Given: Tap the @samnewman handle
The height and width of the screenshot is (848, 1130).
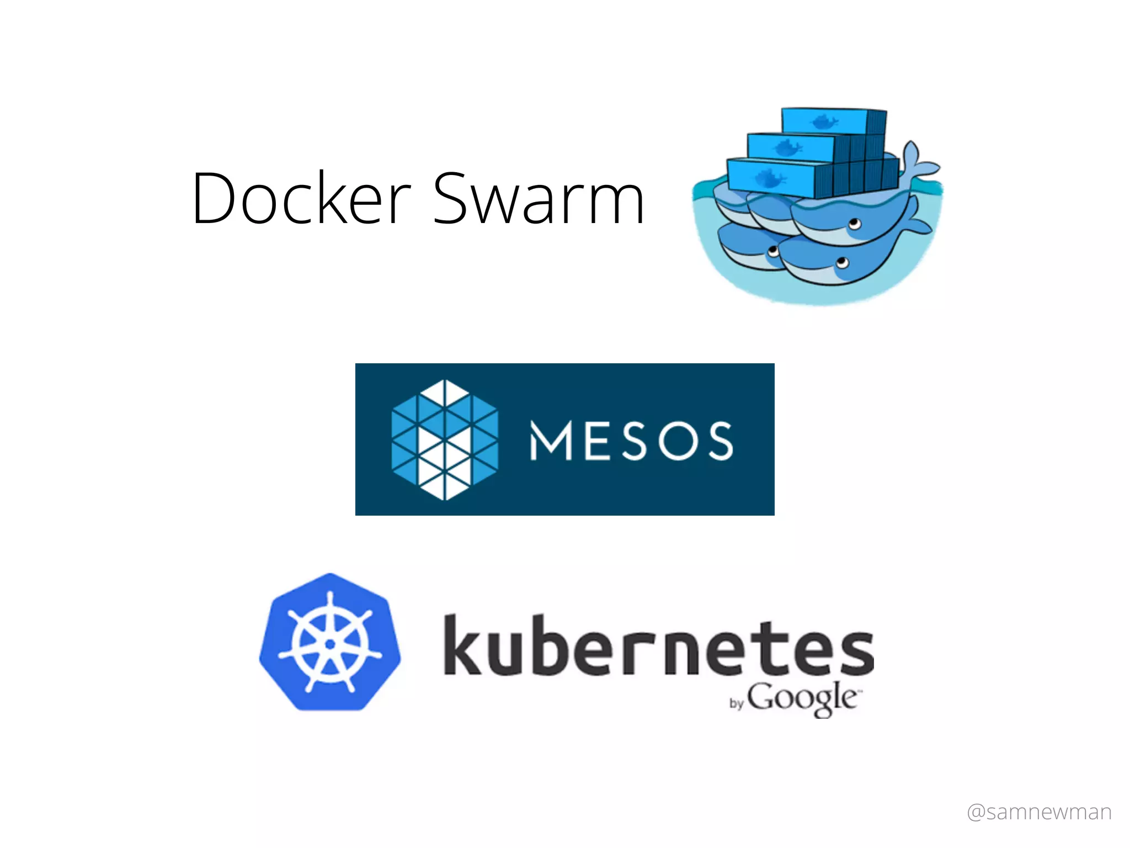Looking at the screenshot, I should tap(1039, 812).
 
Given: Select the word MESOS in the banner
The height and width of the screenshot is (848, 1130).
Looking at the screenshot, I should tap(632, 440).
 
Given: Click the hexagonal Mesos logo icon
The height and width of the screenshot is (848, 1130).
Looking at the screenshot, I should tap(445, 440).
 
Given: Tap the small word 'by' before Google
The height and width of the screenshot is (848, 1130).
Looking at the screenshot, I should tap(737, 703).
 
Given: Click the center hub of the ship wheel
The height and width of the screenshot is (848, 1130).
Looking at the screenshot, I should tap(330, 644).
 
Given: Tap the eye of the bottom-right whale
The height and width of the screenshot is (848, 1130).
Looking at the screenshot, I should tap(842, 262).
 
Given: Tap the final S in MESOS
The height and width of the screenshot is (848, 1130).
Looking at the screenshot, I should tap(721, 441).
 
